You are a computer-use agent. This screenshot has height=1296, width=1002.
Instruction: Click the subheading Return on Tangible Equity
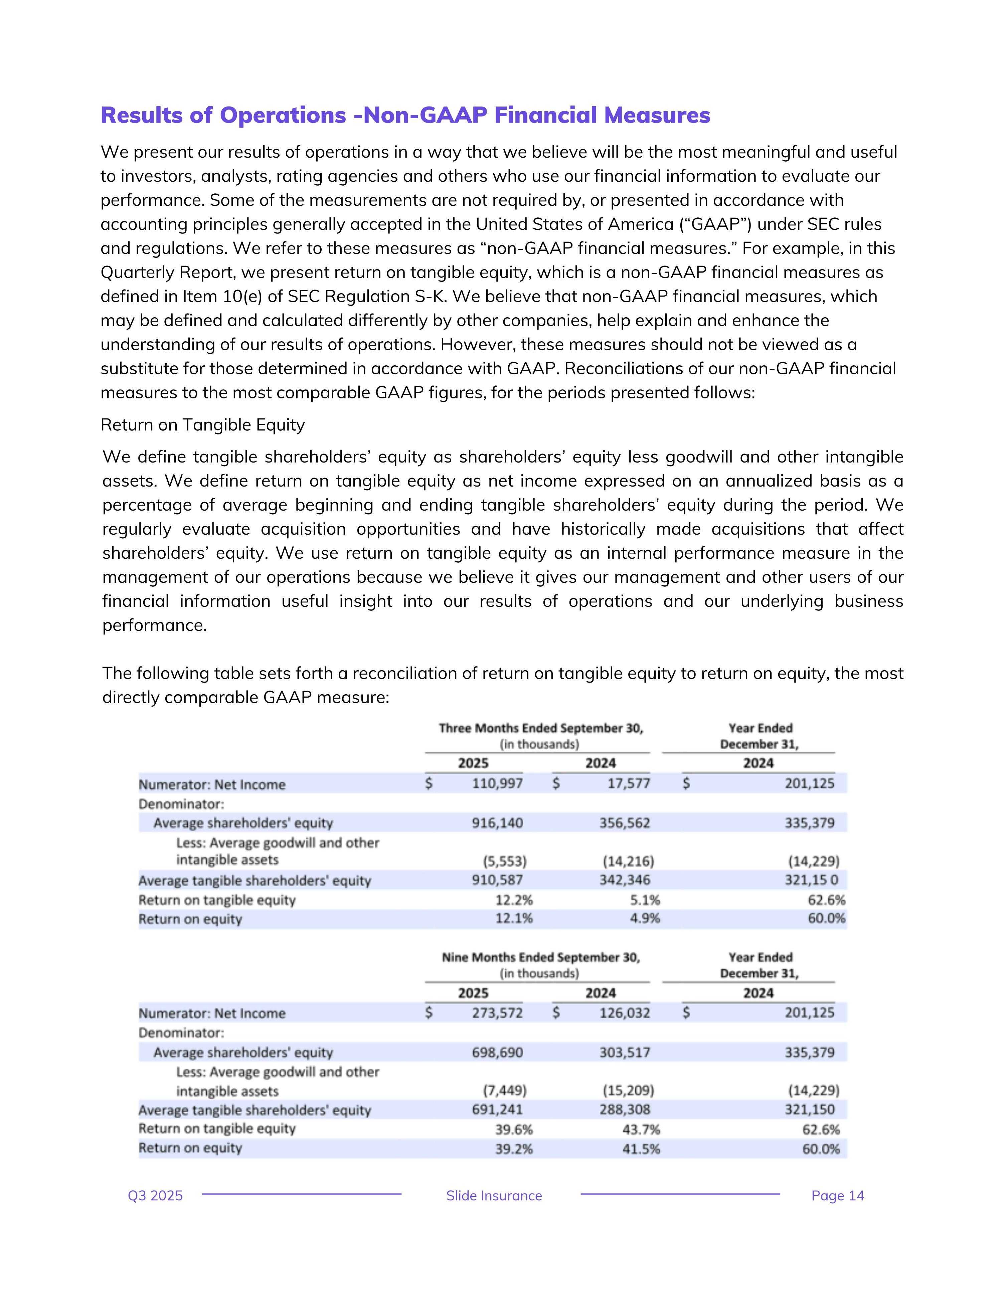coord(202,425)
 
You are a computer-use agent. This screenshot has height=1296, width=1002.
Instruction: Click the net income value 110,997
coord(497,783)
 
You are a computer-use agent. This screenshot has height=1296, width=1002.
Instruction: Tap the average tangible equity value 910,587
coord(497,880)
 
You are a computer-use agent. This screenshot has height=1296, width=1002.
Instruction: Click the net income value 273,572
coord(497,1013)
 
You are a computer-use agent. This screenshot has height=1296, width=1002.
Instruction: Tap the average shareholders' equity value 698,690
coord(497,1053)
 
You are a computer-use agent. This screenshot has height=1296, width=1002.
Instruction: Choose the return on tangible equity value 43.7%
coord(641,1129)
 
